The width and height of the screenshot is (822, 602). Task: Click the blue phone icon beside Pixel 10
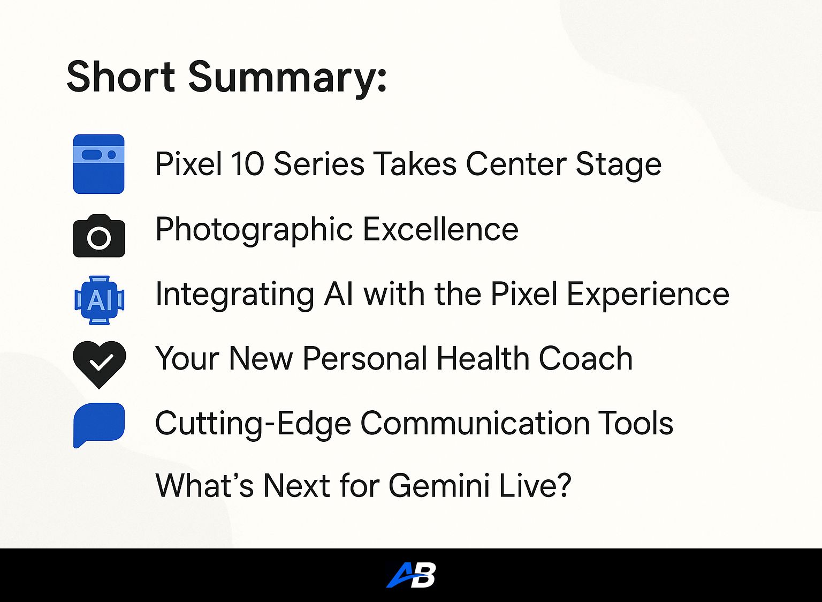pos(98,164)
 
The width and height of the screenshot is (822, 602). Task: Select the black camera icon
pos(99,236)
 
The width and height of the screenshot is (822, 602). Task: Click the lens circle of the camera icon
pos(99,238)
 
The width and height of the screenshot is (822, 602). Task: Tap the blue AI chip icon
pos(100,300)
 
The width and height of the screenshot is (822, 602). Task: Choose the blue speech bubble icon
pos(99,425)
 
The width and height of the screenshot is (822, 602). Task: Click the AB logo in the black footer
pos(411,575)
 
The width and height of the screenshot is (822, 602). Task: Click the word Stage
pos(618,165)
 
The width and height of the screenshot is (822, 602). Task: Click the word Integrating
pos(235,295)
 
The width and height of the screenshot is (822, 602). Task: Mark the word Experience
pos(648,295)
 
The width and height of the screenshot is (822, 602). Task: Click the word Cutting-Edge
pos(253,424)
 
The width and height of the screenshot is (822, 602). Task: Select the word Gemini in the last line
pos(439,486)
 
